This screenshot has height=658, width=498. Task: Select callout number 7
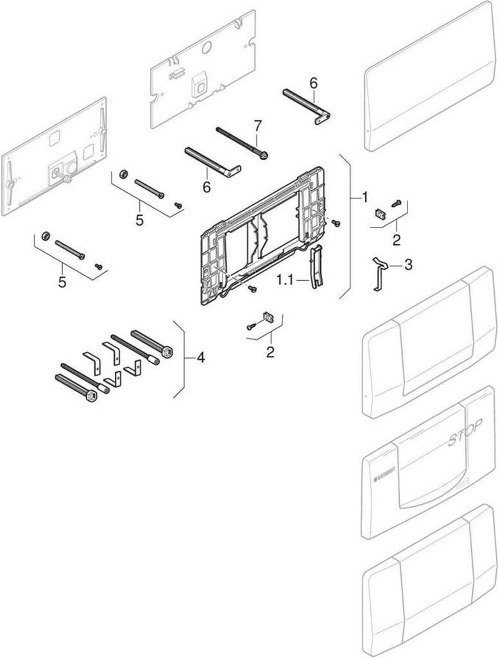[257, 124]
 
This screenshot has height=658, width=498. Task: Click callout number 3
[408, 264]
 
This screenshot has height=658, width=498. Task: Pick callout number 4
[201, 357]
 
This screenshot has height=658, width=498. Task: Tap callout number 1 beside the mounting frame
[365, 196]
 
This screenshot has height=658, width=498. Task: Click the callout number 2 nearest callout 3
[396, 240]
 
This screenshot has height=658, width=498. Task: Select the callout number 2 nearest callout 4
[270, 351]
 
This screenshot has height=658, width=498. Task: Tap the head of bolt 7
[263, 155]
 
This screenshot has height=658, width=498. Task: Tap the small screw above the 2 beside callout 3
[397, 204]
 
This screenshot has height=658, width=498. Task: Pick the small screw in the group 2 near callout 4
[251, 327]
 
